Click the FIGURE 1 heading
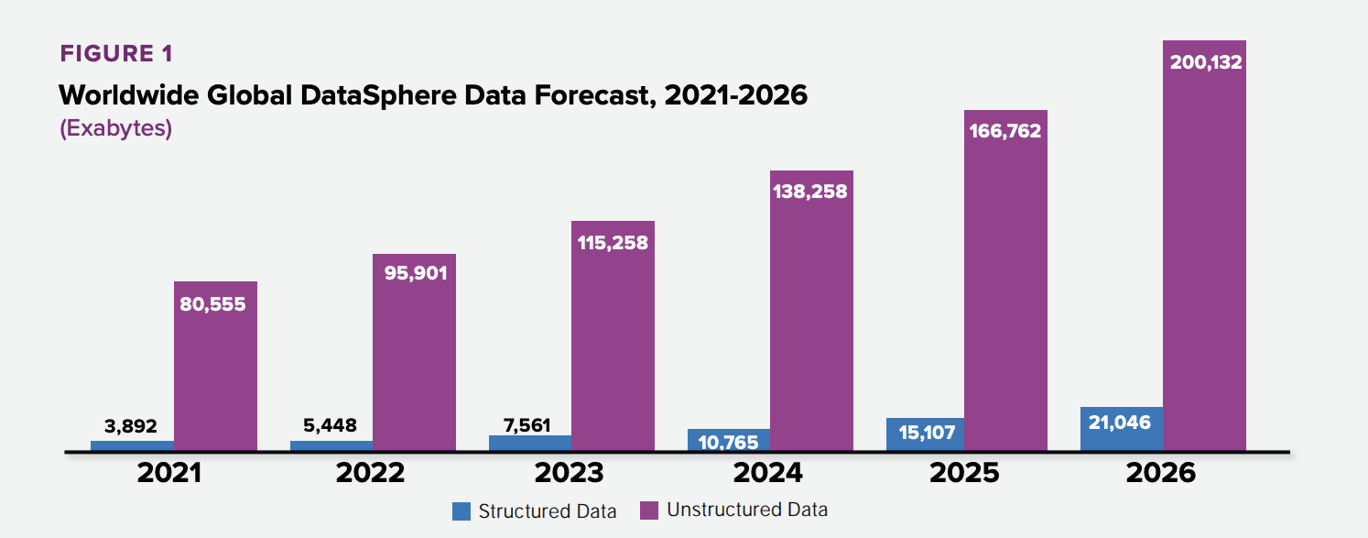click(x=116, y=54)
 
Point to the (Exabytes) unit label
click(x=116, y=128)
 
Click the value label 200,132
click(x=1205, y=62)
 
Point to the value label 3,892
click(x=130, y=425)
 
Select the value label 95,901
click(x=414, y=274)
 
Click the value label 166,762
click(x=1004, y=131)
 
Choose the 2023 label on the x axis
click(x=570, y=473)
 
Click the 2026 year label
click(x=1162, y=473)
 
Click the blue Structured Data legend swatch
click(x=461, y=511)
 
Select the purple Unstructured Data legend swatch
click(x=649, y=511)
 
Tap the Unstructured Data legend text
click(x=747, y=511)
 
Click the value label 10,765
click(x=728, y=443)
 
